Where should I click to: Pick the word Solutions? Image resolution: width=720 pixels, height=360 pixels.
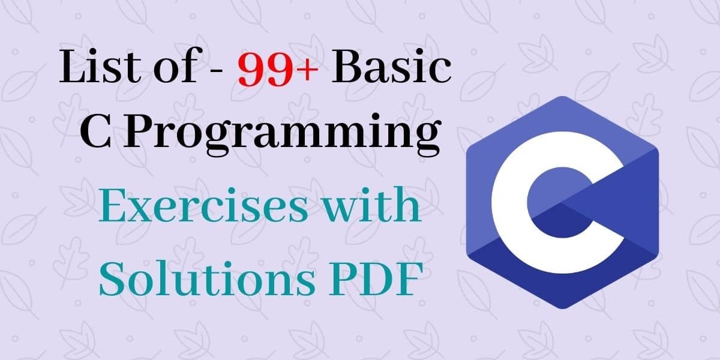click(x=198, y=278)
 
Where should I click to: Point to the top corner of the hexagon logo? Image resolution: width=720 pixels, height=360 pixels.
click(x=562, y=97)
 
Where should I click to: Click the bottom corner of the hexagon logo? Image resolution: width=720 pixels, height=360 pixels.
click(x=562, y=308)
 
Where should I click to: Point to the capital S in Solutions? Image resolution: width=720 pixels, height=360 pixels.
click(x=113, y=278)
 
